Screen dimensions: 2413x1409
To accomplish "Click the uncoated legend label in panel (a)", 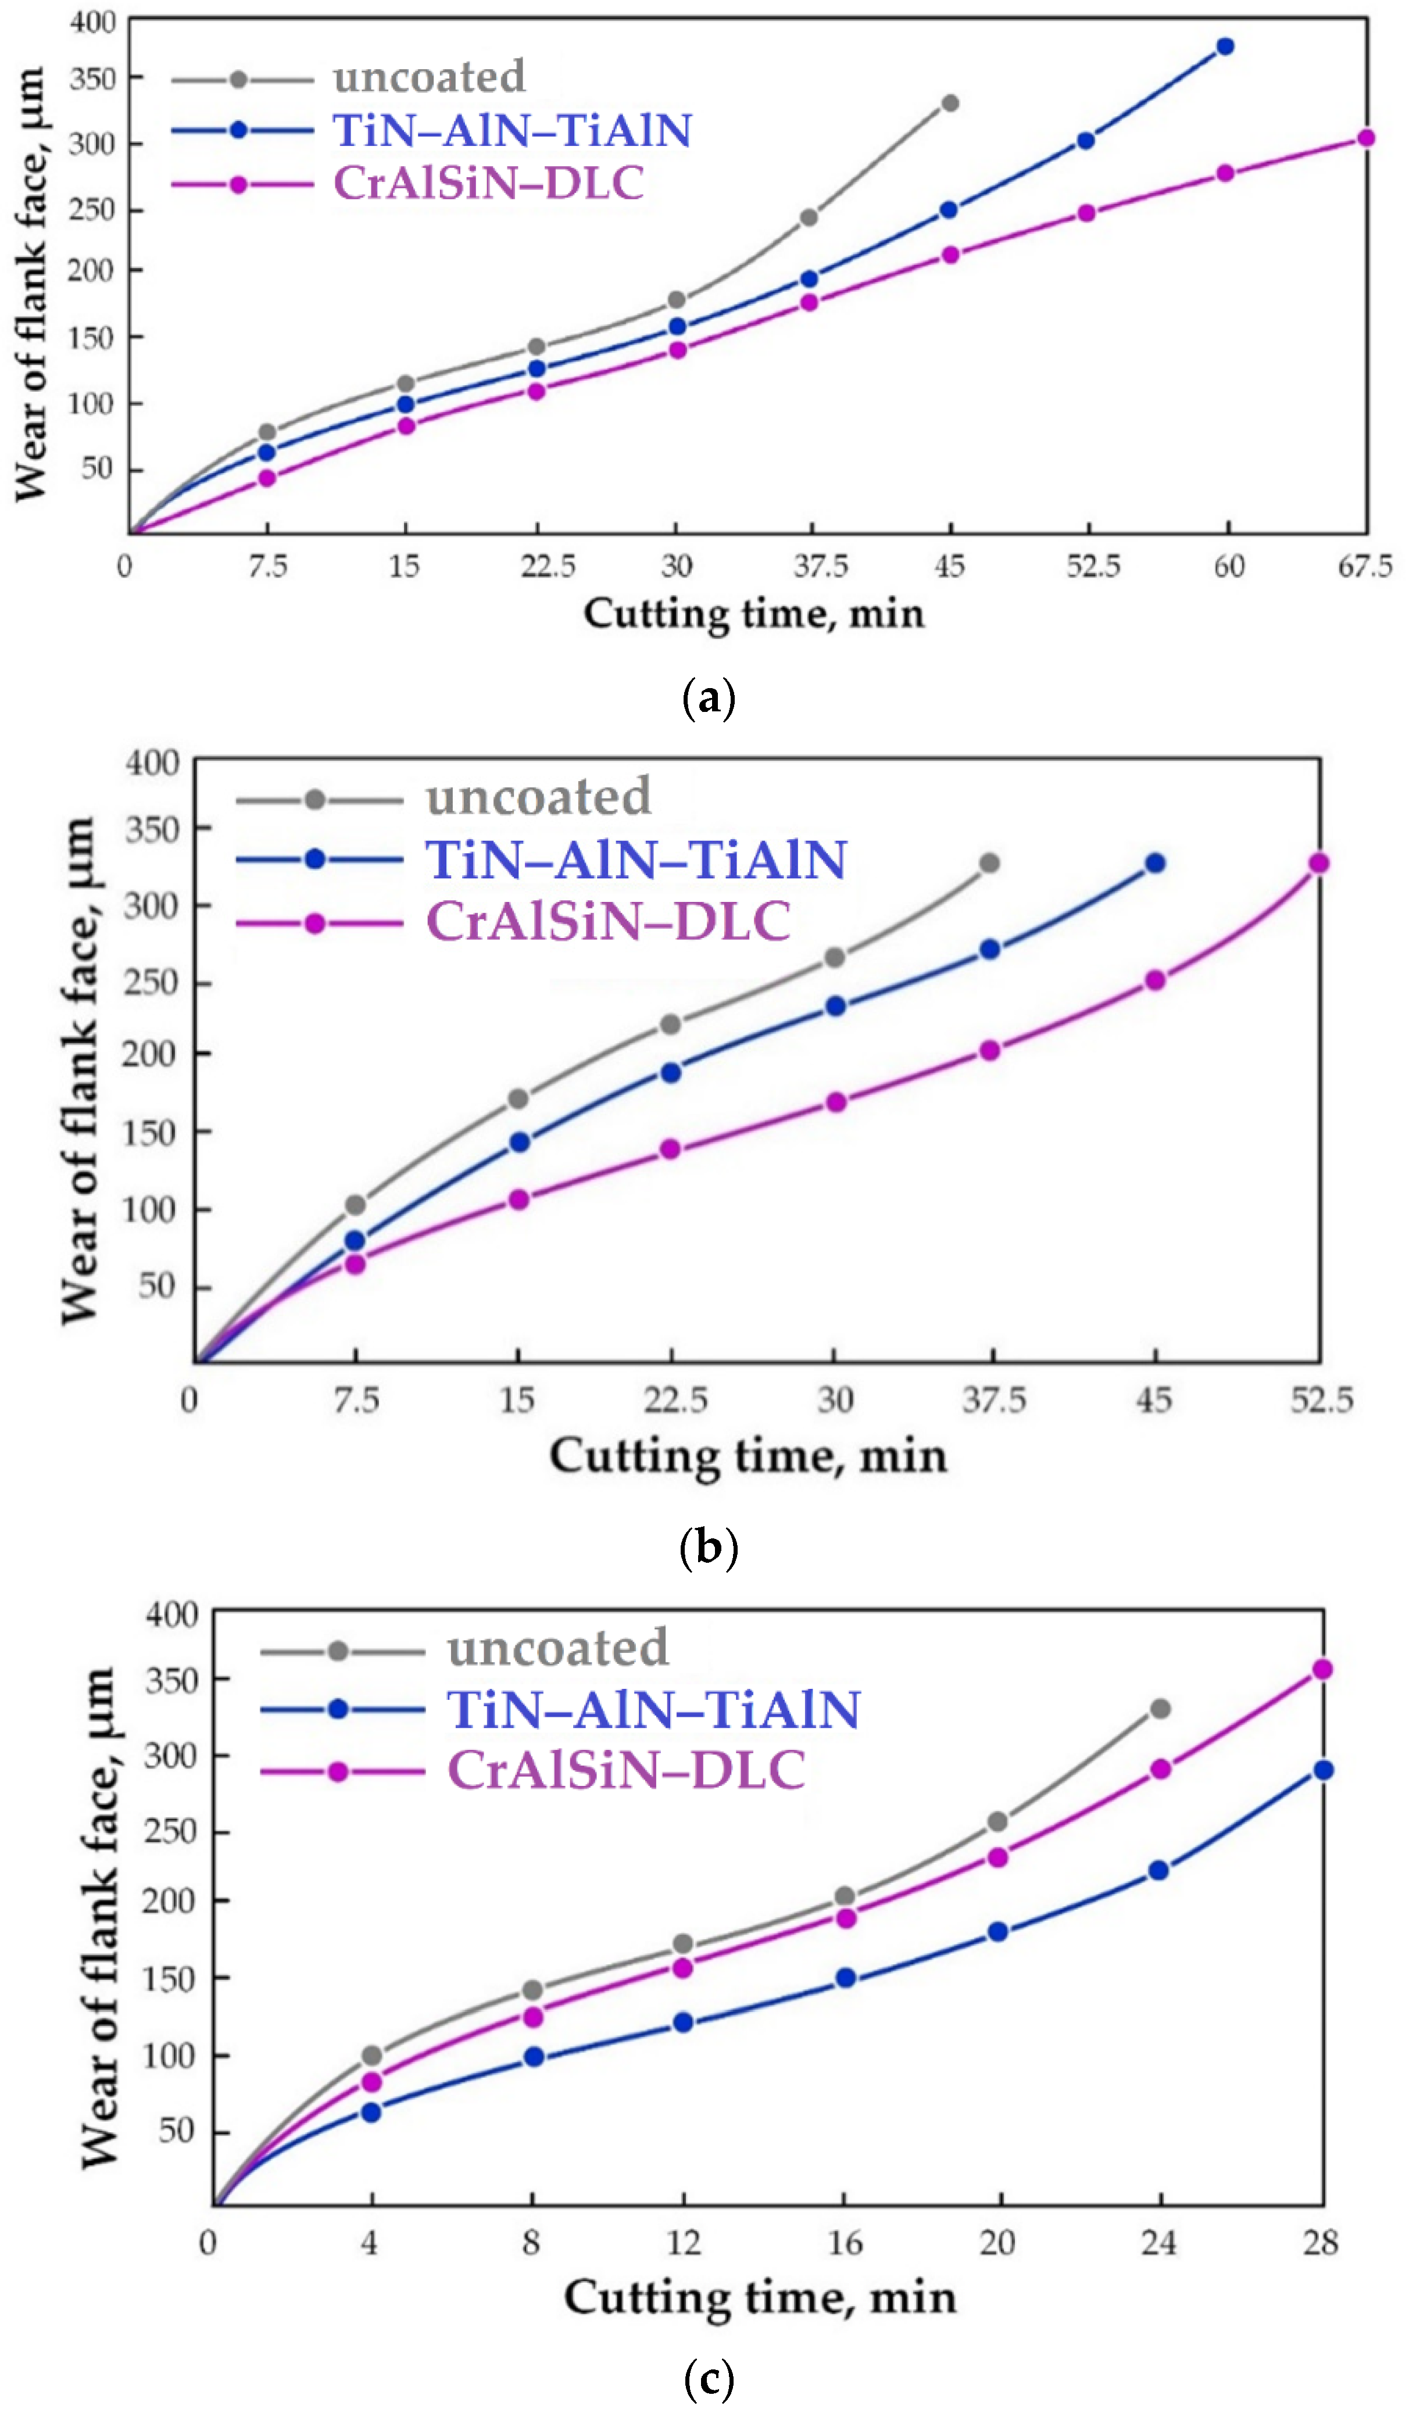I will tap(428, 77).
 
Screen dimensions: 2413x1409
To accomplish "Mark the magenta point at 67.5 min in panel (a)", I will tap(1366, 138).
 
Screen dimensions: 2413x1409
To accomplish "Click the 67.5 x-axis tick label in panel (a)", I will tap(1364, 567).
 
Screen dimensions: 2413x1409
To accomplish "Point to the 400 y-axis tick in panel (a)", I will tap(93, 21).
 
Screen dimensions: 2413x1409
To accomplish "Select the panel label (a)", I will tap(708, 698).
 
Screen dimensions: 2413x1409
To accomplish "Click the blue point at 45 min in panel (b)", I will tap(1155, 863).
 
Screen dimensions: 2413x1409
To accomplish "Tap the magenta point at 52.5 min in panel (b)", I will tap(1319, 863).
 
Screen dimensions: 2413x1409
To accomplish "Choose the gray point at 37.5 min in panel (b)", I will tap(989, 863).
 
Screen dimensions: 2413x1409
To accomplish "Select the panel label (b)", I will tap(708, 1546).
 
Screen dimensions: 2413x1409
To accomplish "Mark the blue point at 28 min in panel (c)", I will tap(1323, 1770).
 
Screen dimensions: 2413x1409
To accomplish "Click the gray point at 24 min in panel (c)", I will tap(1160, 1708).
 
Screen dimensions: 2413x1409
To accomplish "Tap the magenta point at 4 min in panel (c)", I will tap(371, 2082).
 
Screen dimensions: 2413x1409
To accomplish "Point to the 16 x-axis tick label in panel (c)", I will tap(845, 2243).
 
